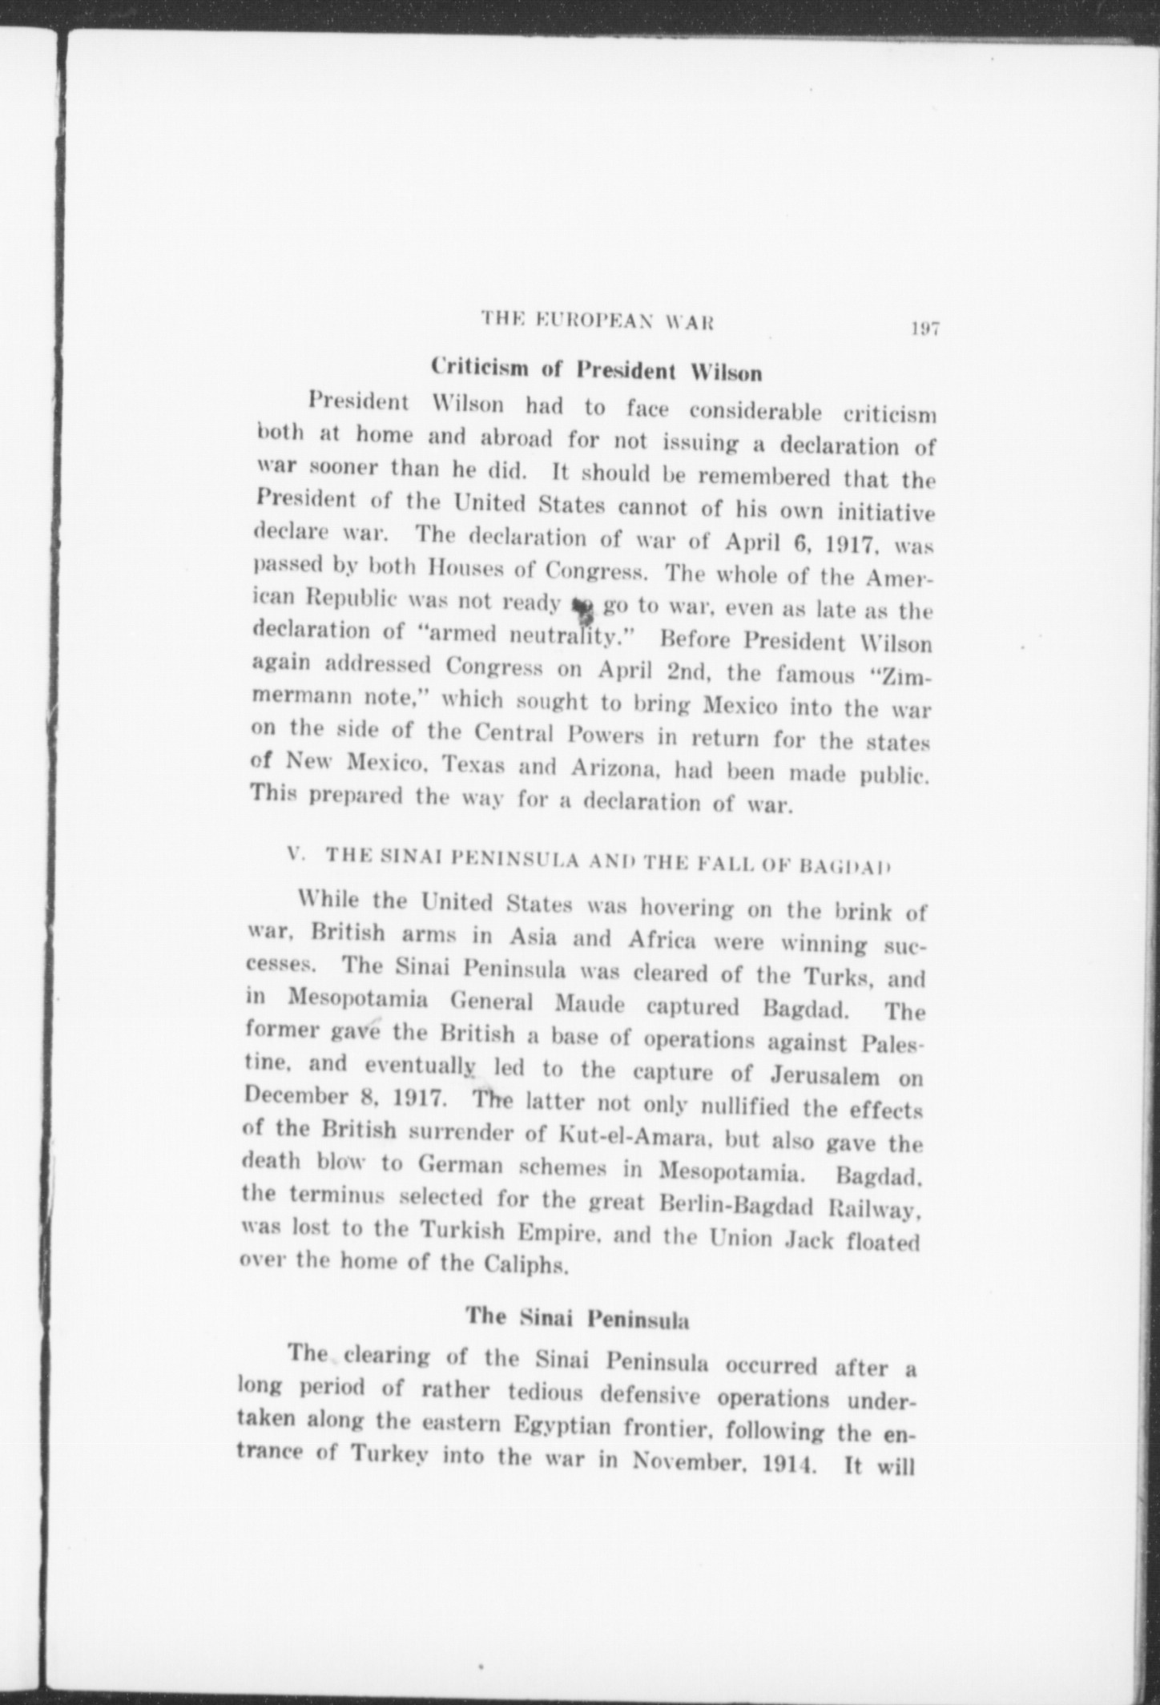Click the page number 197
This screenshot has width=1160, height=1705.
(924, 328)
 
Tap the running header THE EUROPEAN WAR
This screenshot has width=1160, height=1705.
(597, 322)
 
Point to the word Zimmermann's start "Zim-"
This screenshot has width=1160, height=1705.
(906, 677)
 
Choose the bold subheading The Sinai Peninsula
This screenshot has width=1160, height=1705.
(578, 1318)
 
